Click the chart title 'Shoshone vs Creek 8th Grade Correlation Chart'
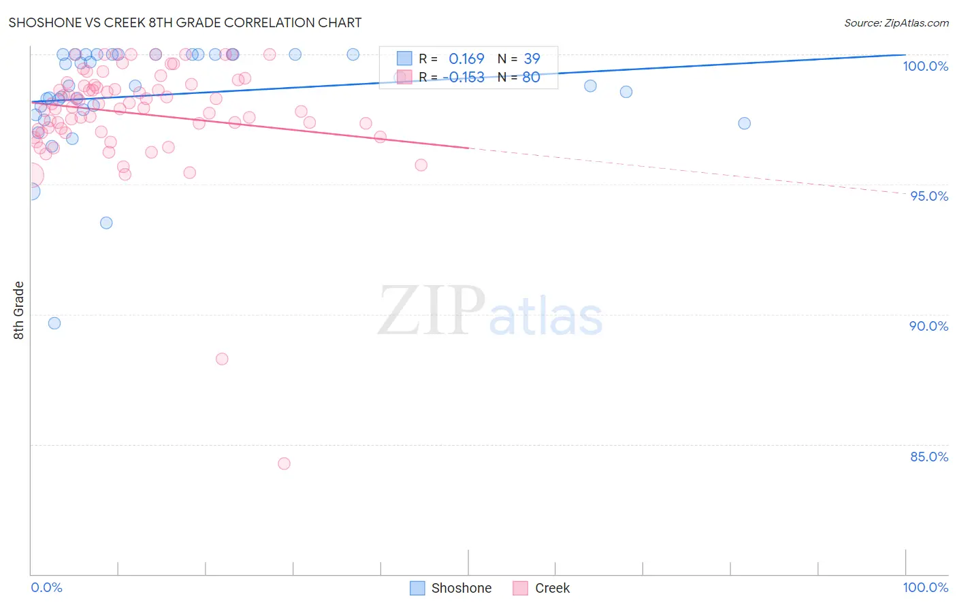pyautogui.click(x=184, y=22)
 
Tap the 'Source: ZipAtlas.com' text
pyautogui.click(x=896, y=22)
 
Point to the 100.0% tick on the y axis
pyautogui.click(x=925, y=66)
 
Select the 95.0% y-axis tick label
pyautogui.click(x=929, y=196)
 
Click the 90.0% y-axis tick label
pyautogui.click(x=928, y=326)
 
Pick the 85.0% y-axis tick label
pyautogui.click(x=928, y=457)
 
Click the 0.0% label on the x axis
pyautogui.click(x=46, y=587)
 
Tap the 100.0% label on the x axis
pyautogui.click(x=925, y=587)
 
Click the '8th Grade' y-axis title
pyautogui.click(x=18, y=310)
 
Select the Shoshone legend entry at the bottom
pyautogui.click(x=451, y=588)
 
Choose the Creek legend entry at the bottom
pyautogui.click(x=541, y=588)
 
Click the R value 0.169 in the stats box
pyautogui.click(x=466, y=59)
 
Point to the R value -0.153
pyautogui.click(x=464, y=77)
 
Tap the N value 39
pyautogui.click(x=532, y=59)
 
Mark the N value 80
pyautogui.click(x=531, y=77)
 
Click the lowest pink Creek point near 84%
pyautogui.click(x=284, y=463)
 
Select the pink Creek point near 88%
pyautogui.click(x=222, y=359)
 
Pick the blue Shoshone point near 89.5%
pyautogui.click(x=54, y=323)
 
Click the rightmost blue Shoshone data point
pyautogui.click(x=744, y=123)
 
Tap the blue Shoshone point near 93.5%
pyautogui.click(x=106, y=223)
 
